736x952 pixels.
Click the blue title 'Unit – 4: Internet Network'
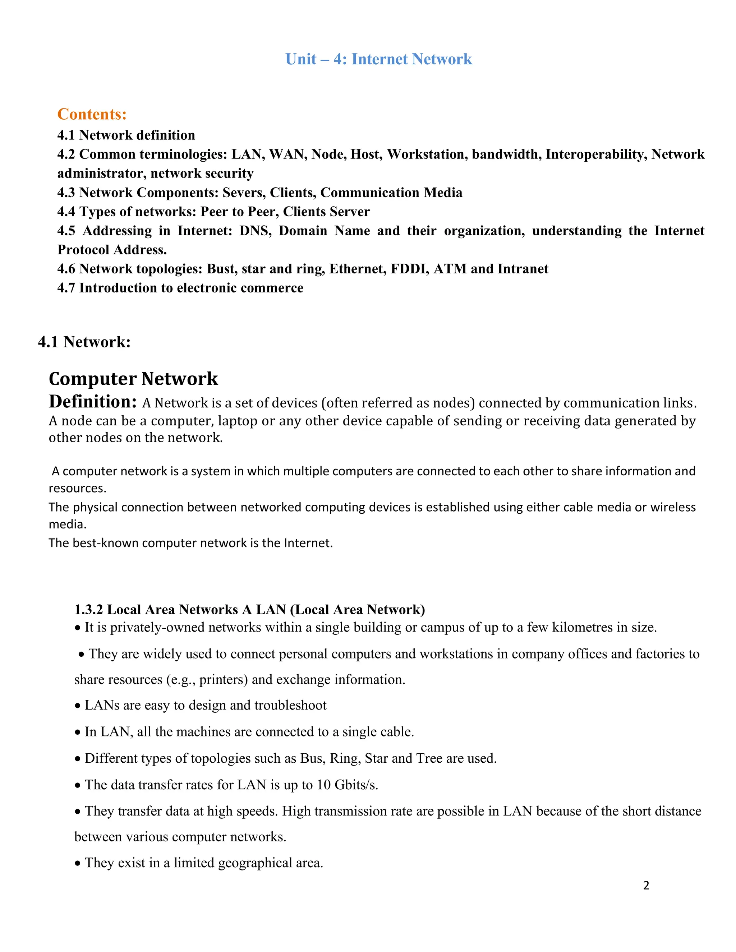pos(378,59)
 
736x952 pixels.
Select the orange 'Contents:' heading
pos(92,114)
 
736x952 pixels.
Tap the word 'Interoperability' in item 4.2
pos(596,154)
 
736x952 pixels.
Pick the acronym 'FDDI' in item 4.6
pos(410,269)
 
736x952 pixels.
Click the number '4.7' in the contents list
pos(66,288)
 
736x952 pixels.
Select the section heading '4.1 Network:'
pos(84,342)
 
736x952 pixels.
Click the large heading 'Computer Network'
pos(133,379)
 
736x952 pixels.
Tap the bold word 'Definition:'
pos(93,402)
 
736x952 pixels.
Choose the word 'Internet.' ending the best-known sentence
pos(308,543)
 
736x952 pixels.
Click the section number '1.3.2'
pos(88,609)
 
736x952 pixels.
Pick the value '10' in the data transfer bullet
pos(323,785)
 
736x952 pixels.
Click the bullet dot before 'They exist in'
pos(78,864)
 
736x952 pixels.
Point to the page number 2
pos(646,885)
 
